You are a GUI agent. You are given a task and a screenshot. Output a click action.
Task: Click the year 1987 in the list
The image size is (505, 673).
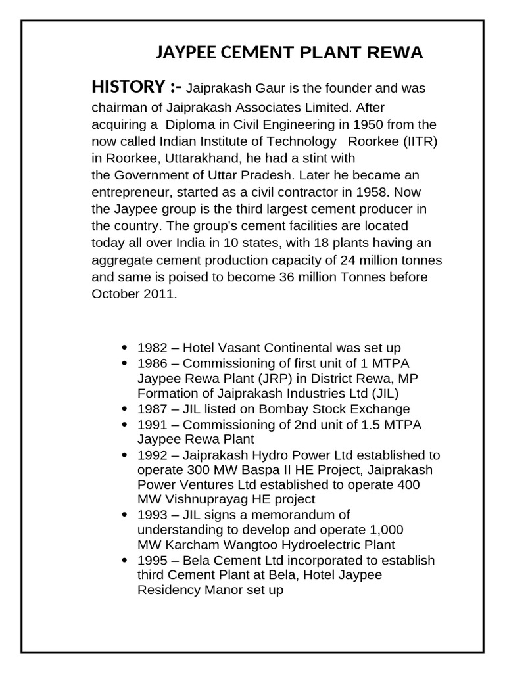tap(152, 409)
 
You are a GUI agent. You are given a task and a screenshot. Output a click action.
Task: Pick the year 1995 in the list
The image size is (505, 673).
tap(152, 561)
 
